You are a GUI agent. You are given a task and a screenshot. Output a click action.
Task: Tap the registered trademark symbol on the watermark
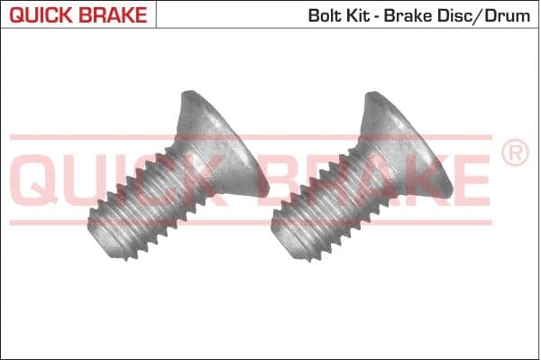pyautogui.click(x=515, y=154)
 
